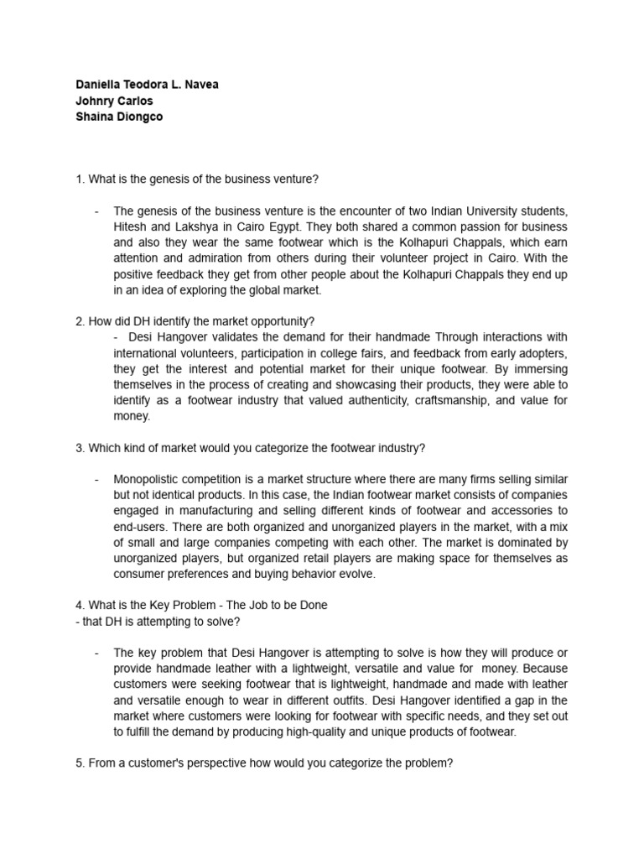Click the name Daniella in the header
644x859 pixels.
98,85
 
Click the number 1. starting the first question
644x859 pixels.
80,179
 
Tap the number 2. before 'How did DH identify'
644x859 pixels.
80,320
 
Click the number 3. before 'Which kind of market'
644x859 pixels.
80,447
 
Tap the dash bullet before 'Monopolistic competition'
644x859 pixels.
98,479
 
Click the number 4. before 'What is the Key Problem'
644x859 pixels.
80,605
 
